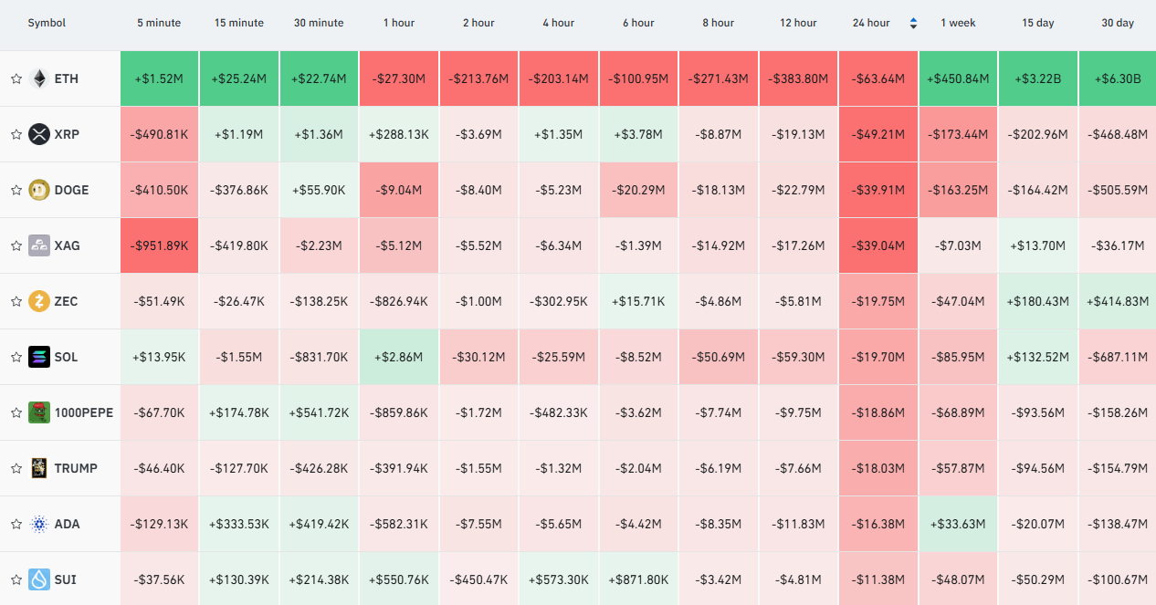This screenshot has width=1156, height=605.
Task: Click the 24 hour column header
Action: tap(870, 23)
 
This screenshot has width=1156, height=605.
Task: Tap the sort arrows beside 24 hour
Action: tap(913, 23)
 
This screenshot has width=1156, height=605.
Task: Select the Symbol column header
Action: tap(47, 23)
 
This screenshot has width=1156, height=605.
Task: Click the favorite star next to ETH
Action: tap(16, 78)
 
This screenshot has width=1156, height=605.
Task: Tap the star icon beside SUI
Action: tap(16, 579)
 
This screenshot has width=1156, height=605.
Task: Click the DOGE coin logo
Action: tap(38, 190)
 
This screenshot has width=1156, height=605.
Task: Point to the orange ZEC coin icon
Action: tap(38, 301)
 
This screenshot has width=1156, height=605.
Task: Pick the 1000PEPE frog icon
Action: tap(38, 412)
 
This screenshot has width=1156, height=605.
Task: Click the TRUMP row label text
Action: tap(76, 468)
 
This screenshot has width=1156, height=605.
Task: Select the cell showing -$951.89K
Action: tap(159, 245)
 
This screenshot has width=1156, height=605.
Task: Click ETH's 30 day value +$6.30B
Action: tap(1118, 78)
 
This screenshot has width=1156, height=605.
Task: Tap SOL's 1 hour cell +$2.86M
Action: tap(399, 357)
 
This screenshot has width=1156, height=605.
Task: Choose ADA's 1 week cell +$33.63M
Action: tap(958, 524)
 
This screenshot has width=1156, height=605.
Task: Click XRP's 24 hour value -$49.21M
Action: tap(878, 134)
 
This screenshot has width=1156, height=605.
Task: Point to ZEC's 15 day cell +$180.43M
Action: tap(1038, 301)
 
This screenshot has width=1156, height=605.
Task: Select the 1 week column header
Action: tap(958, 23)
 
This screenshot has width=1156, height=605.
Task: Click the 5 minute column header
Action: tap(159, 23)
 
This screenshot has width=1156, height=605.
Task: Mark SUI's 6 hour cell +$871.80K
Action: tap(638, 579)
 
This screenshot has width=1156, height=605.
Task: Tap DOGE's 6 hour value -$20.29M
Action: tap(638, 190)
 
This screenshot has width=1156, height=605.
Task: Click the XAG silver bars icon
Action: tap(38, 245)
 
